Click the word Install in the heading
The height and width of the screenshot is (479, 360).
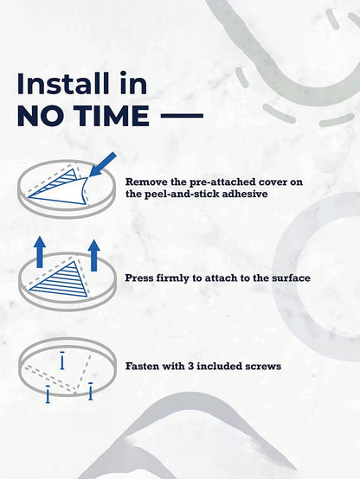[63, 83]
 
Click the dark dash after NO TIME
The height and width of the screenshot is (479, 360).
[182, 116]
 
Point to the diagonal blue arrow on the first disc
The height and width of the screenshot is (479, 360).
[102, 165]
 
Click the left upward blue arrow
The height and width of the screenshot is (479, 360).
[40, 252]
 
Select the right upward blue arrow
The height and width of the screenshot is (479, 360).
[94, 255]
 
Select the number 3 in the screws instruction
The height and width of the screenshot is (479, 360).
[190, 366]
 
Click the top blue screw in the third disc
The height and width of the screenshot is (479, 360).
[62, 361]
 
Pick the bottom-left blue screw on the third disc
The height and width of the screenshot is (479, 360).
[48, 394]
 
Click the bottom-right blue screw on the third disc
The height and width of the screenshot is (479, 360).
[91, 391]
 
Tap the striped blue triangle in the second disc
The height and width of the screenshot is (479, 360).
[62, 281]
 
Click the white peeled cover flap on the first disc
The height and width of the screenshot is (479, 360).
[62, 193]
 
